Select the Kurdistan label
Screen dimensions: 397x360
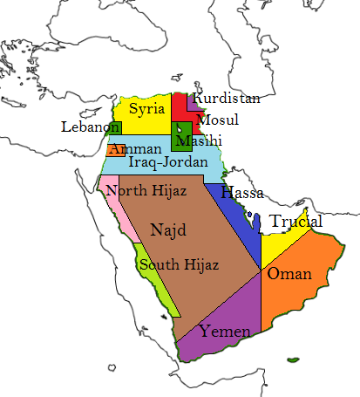point(227,99)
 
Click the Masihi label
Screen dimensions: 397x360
point(199,140)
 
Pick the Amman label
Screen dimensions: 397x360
point(137,149)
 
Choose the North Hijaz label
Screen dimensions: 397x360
point(145,190)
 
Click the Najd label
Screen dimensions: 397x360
point(168,230)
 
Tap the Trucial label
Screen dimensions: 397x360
point(295,222)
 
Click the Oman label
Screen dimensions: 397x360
point(289,274)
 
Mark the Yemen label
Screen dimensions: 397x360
point(225,332)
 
